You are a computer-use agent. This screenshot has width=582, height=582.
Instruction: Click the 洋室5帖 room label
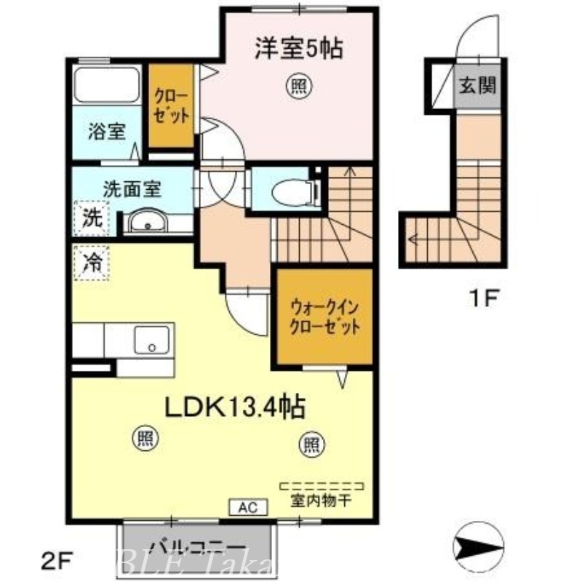298,49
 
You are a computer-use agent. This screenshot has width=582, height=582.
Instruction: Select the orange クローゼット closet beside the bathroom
172,106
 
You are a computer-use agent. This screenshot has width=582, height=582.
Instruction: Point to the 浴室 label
107,132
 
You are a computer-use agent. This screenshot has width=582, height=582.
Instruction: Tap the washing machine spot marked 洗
92,217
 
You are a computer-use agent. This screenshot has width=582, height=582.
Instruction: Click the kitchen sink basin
152,339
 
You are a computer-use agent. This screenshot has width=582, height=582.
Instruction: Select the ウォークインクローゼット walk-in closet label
324,316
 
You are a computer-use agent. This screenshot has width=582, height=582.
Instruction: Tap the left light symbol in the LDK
145,438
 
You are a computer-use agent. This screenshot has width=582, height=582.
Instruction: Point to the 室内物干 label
322,501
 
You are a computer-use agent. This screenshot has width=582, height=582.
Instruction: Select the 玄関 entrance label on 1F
477,87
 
